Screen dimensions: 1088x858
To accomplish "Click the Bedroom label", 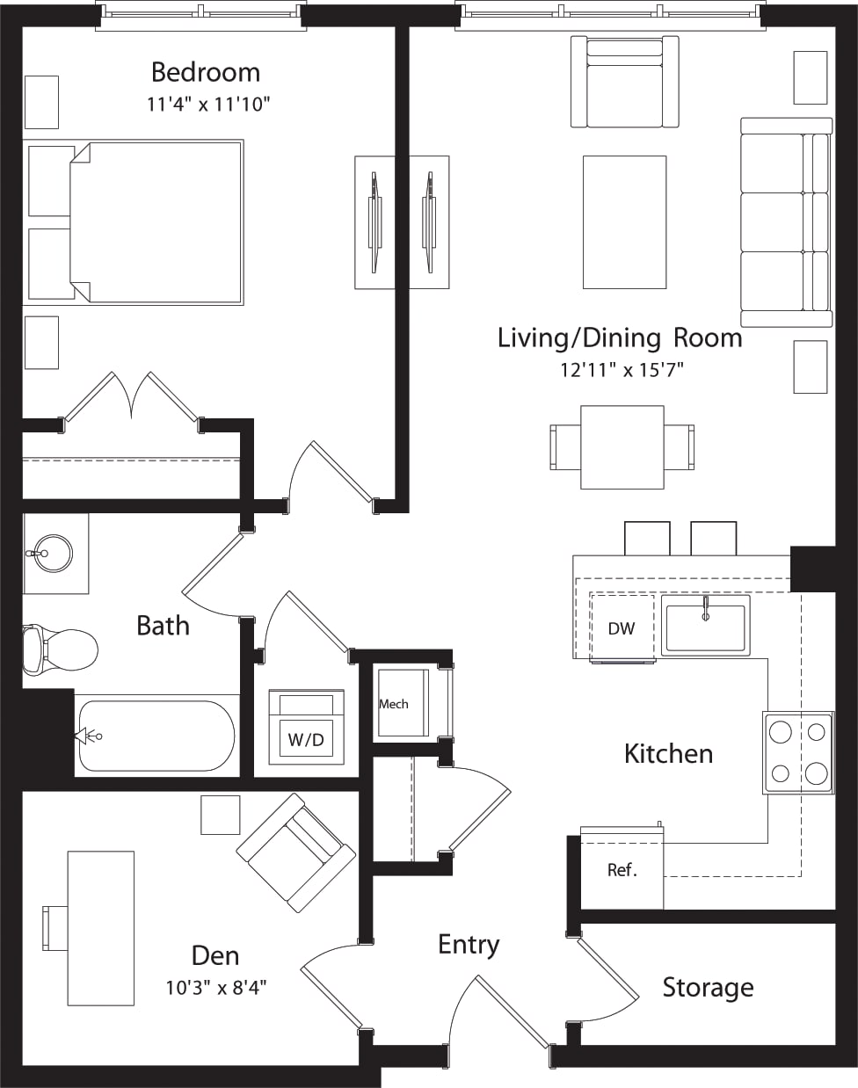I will (x=205, y=72).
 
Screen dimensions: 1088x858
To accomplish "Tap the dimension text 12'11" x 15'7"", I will (x=622, y=370).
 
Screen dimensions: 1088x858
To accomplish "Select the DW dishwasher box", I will (x=622, y=628).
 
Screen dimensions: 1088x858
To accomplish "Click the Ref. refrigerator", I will (x=622, y=869).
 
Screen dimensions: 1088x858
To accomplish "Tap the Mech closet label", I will (x=394, y=704).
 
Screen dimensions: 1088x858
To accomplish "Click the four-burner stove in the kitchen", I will (x=798, y=752).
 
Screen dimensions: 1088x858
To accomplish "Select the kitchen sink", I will (x=705, y=626).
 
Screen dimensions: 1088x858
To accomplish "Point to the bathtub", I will (x=156, y=736).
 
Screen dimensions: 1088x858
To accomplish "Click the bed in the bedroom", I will (x=154, y=221).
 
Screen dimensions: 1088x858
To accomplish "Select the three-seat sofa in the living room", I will (x=786, y=222).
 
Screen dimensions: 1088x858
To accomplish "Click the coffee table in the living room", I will (x=624, y=221).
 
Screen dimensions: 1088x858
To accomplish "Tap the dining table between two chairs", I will (x=622, y=446).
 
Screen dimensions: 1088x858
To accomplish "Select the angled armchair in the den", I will (x=295, y=852).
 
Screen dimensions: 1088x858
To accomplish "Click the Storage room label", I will (x=708, y=987).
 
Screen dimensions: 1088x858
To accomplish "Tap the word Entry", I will (x=469, y=945).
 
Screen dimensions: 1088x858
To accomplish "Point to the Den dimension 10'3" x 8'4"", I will (x=215, y=988).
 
